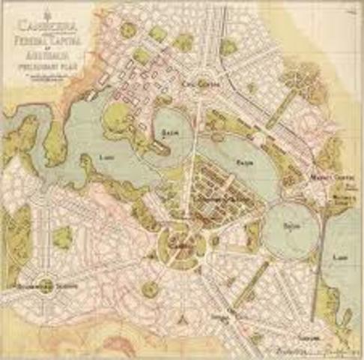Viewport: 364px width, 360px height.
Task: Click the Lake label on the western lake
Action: coord(106,157)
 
